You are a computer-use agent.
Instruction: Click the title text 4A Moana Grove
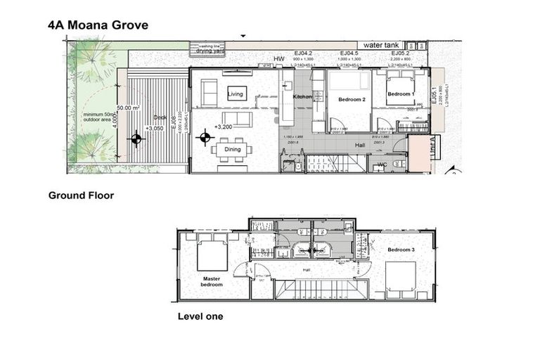(x=98, y=25)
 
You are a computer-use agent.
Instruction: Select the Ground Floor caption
(x=81, y=195)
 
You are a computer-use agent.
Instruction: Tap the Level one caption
(x=200, y=316)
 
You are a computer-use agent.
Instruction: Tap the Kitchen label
(x=302, y=96)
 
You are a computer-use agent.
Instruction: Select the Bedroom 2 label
(x=352, y=100)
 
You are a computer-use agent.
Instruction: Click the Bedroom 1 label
(x=400, y=94)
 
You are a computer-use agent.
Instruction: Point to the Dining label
(x=233, y=149)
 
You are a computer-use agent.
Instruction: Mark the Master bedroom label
(x=212, y=281)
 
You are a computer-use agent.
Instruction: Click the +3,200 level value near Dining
(x=224, y=127)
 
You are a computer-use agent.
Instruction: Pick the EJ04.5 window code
(x=349, y=53)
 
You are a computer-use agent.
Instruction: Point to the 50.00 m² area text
(x=128, y=108)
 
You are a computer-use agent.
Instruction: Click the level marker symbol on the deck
(x=136, y=139)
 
